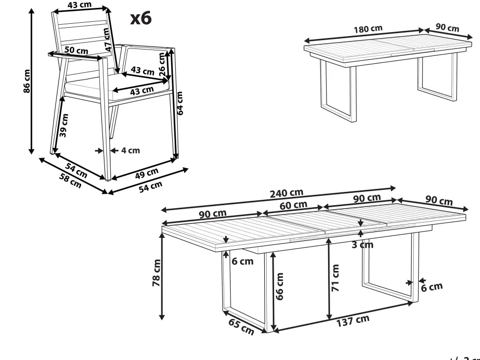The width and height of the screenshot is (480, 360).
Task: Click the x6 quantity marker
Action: click(x=140, y=18)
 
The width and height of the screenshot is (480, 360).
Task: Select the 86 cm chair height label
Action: click(x=27, y=81)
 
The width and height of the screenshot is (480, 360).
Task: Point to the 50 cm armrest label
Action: click(x=76, y=50)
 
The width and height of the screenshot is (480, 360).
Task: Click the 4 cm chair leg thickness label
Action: click(x=130, y=150)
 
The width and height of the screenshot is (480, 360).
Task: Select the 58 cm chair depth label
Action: click(x=70, y=181)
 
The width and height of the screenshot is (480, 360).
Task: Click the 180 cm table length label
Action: click(x=368, y=28)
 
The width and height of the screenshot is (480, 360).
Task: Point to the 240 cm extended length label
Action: click(x=287, y=193)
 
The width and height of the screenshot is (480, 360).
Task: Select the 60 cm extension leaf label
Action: click(x=293, y=205)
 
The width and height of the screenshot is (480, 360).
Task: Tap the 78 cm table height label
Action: click(x=157, y=272)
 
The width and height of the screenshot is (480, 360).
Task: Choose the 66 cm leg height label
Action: click(x=280, y=286)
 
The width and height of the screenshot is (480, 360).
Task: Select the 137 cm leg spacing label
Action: click(x=353, y=320)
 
